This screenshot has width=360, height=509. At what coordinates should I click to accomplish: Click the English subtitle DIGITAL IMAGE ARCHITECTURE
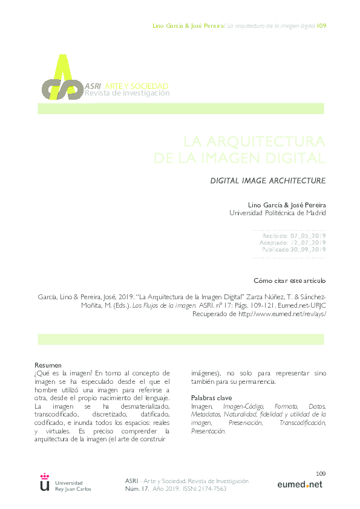coord(267,180)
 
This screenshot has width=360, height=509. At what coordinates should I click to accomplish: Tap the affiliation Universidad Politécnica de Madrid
coord(278,213)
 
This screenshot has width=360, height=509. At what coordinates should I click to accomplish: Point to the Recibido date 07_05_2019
coord(309,235)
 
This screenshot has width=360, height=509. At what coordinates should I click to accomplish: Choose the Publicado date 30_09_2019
coord(310,250)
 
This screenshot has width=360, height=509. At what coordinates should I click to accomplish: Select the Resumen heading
coord(48,366)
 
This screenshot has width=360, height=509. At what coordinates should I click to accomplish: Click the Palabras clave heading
coord(211,398)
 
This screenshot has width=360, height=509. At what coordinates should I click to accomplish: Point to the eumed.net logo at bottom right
coord(299,484)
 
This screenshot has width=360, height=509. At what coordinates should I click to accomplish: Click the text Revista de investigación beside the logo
coord(127,93)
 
